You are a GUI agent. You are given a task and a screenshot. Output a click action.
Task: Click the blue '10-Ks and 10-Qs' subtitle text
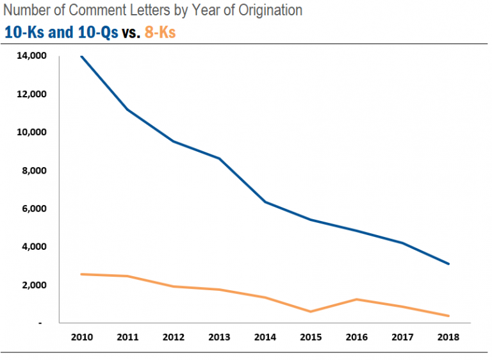(x=61, y=31)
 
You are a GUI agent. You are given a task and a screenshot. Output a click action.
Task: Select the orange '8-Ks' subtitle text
(x=160, y=31)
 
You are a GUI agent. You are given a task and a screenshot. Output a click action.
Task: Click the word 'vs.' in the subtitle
(x=131, y=31)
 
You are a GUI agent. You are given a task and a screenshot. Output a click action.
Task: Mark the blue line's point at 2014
(x=265, y=202)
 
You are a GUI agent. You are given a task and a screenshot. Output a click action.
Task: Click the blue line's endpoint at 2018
(x=449, y=264)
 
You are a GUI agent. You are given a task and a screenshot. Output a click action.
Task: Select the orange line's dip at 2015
(x=311, y=311)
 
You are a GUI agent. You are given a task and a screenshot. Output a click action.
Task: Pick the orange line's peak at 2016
(x=357, y=299)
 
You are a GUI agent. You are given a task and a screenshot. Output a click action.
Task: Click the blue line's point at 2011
(x=127, y=110)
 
